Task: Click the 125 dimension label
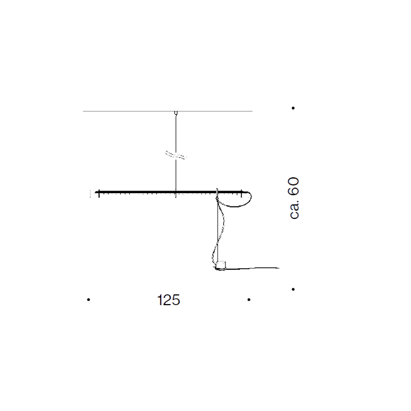tap(169, 300)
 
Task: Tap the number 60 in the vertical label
tap(293, 185)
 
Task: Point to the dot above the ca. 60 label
tap(293, 108)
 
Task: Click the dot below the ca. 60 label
tap(293, 289)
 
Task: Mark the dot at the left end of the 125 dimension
tap(88, 300)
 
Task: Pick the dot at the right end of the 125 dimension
tap(249, 300)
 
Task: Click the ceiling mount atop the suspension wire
tap(176, 113)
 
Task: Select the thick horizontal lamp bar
tap(154, 193)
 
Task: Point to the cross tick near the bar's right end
tap(240, 193)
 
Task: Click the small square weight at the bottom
tap(220, 266)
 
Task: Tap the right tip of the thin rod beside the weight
tap(279, 268)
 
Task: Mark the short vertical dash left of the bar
tap(91, 193)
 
